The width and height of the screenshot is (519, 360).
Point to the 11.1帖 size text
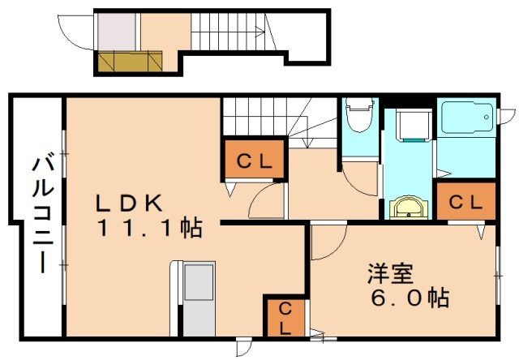(150, 229)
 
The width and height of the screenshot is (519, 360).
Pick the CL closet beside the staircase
(254, 160)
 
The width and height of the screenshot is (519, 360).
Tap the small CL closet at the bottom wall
(285, 317)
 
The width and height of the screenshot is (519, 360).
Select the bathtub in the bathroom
(466, 119)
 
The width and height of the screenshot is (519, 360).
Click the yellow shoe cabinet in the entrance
(129, 61)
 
